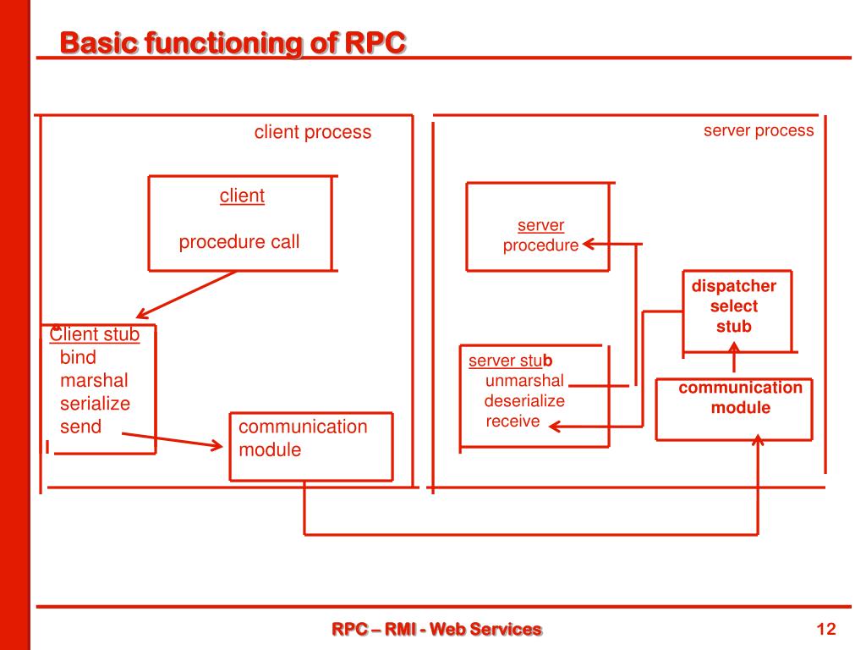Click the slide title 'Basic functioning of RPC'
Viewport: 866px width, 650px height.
(x=233, y=43)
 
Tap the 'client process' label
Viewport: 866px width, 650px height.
(x=313, y=133)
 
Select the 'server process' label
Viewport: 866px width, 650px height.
(x=759, y=131)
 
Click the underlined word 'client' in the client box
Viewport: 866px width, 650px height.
(x=242, y=196)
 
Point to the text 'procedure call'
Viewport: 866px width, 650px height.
(x=239, y=242)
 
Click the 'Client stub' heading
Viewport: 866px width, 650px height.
(x=95, y=334)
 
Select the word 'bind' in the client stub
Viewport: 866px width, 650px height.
(x=78, y=358)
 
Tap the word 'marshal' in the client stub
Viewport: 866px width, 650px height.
(x=94, y=381)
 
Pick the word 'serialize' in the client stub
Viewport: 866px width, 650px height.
(x=95, y=404)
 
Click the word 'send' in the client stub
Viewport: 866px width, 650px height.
(x=80, y=427)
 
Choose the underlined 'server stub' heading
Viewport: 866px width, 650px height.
(x=510, y=361)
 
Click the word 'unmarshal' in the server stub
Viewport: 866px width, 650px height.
(x=524, y=381)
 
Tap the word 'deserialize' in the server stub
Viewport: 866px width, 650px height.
(x=524, y=401)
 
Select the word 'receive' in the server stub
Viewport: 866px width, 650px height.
(x=512, y=421)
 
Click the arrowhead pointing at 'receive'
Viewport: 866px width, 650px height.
(x=555, y=427)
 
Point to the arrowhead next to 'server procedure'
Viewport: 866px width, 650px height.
(x=589, y=244)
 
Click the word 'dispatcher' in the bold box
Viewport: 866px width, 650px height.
(x=733, y=286)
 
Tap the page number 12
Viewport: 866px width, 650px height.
(x=825, y=629)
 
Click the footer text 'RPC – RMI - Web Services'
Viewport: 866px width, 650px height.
(x=437, y=629)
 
